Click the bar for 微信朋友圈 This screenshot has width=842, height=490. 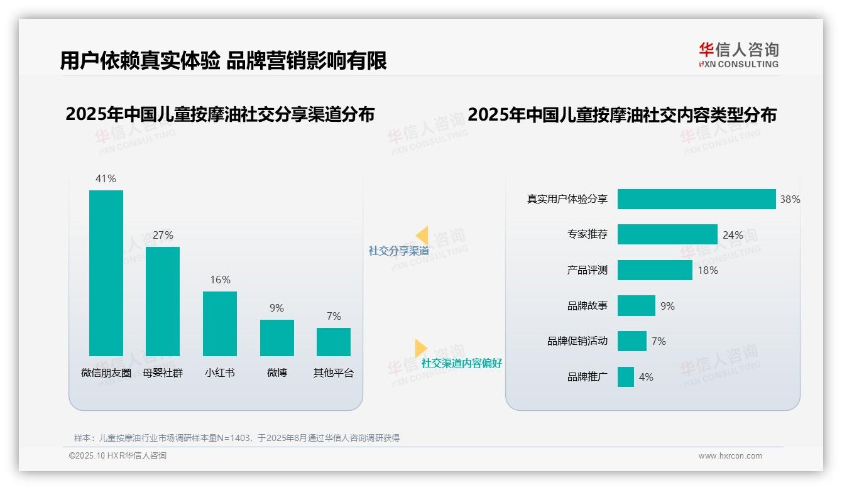point(106,273)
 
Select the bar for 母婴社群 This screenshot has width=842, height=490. point(163,302)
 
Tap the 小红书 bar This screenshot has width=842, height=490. point(220,324)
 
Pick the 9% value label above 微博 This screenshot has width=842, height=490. point(276,308)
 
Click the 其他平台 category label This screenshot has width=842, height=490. point(334,373)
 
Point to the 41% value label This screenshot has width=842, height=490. point(106,178)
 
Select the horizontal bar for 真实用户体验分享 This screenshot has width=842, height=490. point(696,199)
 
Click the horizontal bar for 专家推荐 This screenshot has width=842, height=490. point(667,234)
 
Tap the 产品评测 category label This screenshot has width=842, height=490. point(587,270)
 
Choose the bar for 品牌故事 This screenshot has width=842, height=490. point(637,306)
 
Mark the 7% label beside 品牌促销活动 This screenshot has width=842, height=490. point(659,341)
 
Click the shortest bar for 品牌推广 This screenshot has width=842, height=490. point(626,377)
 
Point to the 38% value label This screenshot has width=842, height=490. point(790,199)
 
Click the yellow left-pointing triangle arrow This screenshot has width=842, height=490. point(422,236)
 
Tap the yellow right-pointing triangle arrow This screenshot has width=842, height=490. point(420,348)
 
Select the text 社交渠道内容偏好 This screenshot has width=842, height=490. point(461,363)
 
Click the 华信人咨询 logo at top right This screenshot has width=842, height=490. point(738,55)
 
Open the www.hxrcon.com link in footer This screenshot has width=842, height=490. point(730,456)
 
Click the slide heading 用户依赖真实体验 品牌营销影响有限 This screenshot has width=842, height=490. point(223,60)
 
